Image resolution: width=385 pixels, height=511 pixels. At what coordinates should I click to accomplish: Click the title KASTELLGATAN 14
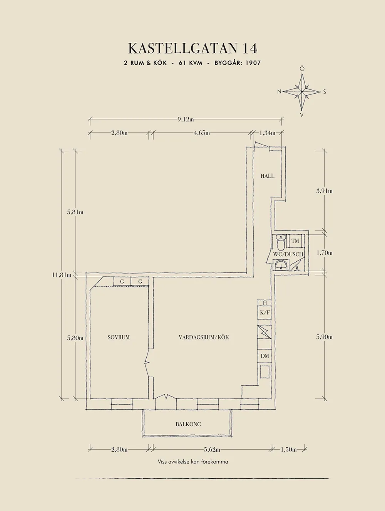coord(192,49)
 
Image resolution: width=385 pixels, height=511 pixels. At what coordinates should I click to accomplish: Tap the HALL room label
coord(267,176)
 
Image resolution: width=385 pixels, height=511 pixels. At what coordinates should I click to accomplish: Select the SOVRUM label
coord(119,337)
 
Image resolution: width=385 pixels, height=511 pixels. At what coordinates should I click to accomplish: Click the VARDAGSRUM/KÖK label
coord(204,337)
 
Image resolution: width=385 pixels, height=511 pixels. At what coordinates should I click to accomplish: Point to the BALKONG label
coord(188,424)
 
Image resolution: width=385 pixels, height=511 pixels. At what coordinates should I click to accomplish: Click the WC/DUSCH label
coord(288,254)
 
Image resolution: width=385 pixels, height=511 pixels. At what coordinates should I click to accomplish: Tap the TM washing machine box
coord(295,241)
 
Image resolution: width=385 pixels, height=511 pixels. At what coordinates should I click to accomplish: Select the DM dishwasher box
coord(265,356)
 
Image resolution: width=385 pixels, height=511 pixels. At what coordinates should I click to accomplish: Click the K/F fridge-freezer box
coord(265,313)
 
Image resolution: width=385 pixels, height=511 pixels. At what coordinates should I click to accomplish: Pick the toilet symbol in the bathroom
coord(281,242)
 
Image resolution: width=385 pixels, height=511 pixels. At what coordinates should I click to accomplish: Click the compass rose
coord(302,92)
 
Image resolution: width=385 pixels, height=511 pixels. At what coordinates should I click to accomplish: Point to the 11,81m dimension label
coord(62,275)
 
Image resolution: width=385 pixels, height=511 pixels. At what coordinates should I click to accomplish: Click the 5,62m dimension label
coord(212,449)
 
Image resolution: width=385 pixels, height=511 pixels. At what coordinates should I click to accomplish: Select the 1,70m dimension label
coord(324,253)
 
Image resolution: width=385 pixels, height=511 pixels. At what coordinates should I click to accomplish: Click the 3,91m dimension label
coord(324,191)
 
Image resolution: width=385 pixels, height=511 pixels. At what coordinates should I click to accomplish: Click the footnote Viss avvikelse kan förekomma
coord(193,462)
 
